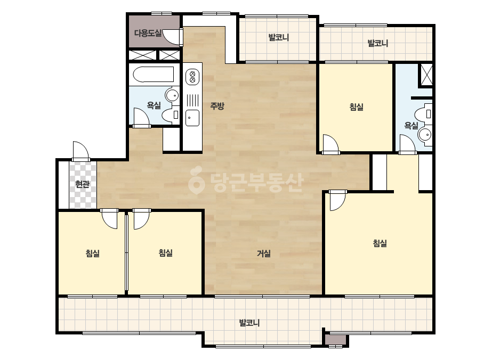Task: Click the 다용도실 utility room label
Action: pyautogui.click(x=148, y=33)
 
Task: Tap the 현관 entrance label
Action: pyautogui.click(x=82, y=184)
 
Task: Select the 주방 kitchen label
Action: pyautogui.click(x=217, y=106)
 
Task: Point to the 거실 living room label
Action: pyautogui.click(x=264, y=253)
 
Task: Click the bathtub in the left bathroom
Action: pyautogui.click(x=154, y=75)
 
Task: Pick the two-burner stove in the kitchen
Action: pyautogui.click(x=192, y=77)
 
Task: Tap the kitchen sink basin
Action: pyautogui.click(x=192, y=118)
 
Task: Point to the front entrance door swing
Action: pyautogui.click(x=80, y=151)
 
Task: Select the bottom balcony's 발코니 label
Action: pyautogui.click(x=249, y=323)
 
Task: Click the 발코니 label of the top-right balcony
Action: pyautogui.click(x=378, y=43)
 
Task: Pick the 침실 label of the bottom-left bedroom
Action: pyautogui.click(x=93, y=253)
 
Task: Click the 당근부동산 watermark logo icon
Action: pyautogui.click(x=196, y=181)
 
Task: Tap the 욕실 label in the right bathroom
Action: pyautogui.click(x=411, y=126)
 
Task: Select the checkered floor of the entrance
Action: pyautogui.click(x=83, y=185)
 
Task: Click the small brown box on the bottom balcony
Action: pyautogui.click(x=335, y=340)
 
